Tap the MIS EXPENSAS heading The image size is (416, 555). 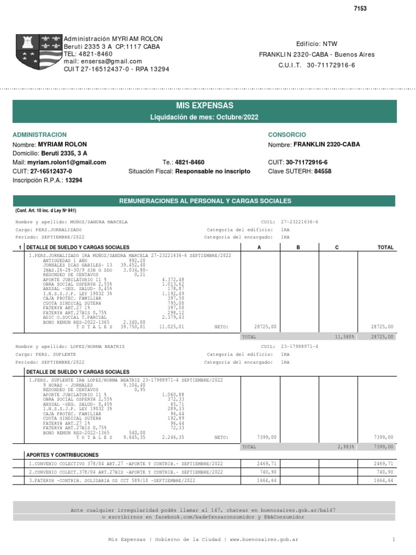205,106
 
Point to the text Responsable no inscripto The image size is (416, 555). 213,171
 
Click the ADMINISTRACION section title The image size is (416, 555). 40,134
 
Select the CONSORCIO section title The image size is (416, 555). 287,134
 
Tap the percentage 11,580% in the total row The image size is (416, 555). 344,337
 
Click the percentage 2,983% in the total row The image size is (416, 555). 346,447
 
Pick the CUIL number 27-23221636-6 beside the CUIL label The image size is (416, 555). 300,222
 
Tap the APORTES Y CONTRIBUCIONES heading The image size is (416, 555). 63,455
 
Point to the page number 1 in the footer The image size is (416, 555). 394,540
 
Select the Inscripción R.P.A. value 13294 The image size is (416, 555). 74,180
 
